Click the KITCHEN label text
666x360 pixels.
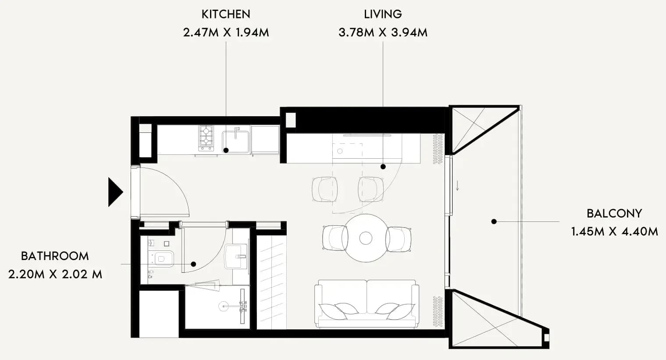click(x=226, y=14)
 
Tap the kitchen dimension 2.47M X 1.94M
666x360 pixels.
click(x=226, y=32)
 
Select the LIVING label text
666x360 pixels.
click(x=383, y=14)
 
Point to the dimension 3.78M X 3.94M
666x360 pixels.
click(x=383, y=32)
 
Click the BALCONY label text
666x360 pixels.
click(x=614, y=214)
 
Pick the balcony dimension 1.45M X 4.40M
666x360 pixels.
click(x=615, y=232)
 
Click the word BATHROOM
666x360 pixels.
click(x=55, y=256)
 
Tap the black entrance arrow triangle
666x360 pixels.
click(x=115, y=192)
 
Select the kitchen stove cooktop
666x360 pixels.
click(x=206, y=138)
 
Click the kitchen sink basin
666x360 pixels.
click(x=236, y=142)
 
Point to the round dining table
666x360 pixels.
click(x=366, y=238)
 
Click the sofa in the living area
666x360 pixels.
click(x=367, y=304)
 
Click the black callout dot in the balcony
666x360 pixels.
click(x=494, y=221)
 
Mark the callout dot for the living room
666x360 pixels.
click(x=383, y=167)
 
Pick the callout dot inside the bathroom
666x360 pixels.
click(x=193, y=264)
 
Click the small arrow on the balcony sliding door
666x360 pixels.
click(x=457, y=185)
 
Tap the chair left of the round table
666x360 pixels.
click(x=335, y=238)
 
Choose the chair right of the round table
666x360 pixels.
click(x=399, y=239)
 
